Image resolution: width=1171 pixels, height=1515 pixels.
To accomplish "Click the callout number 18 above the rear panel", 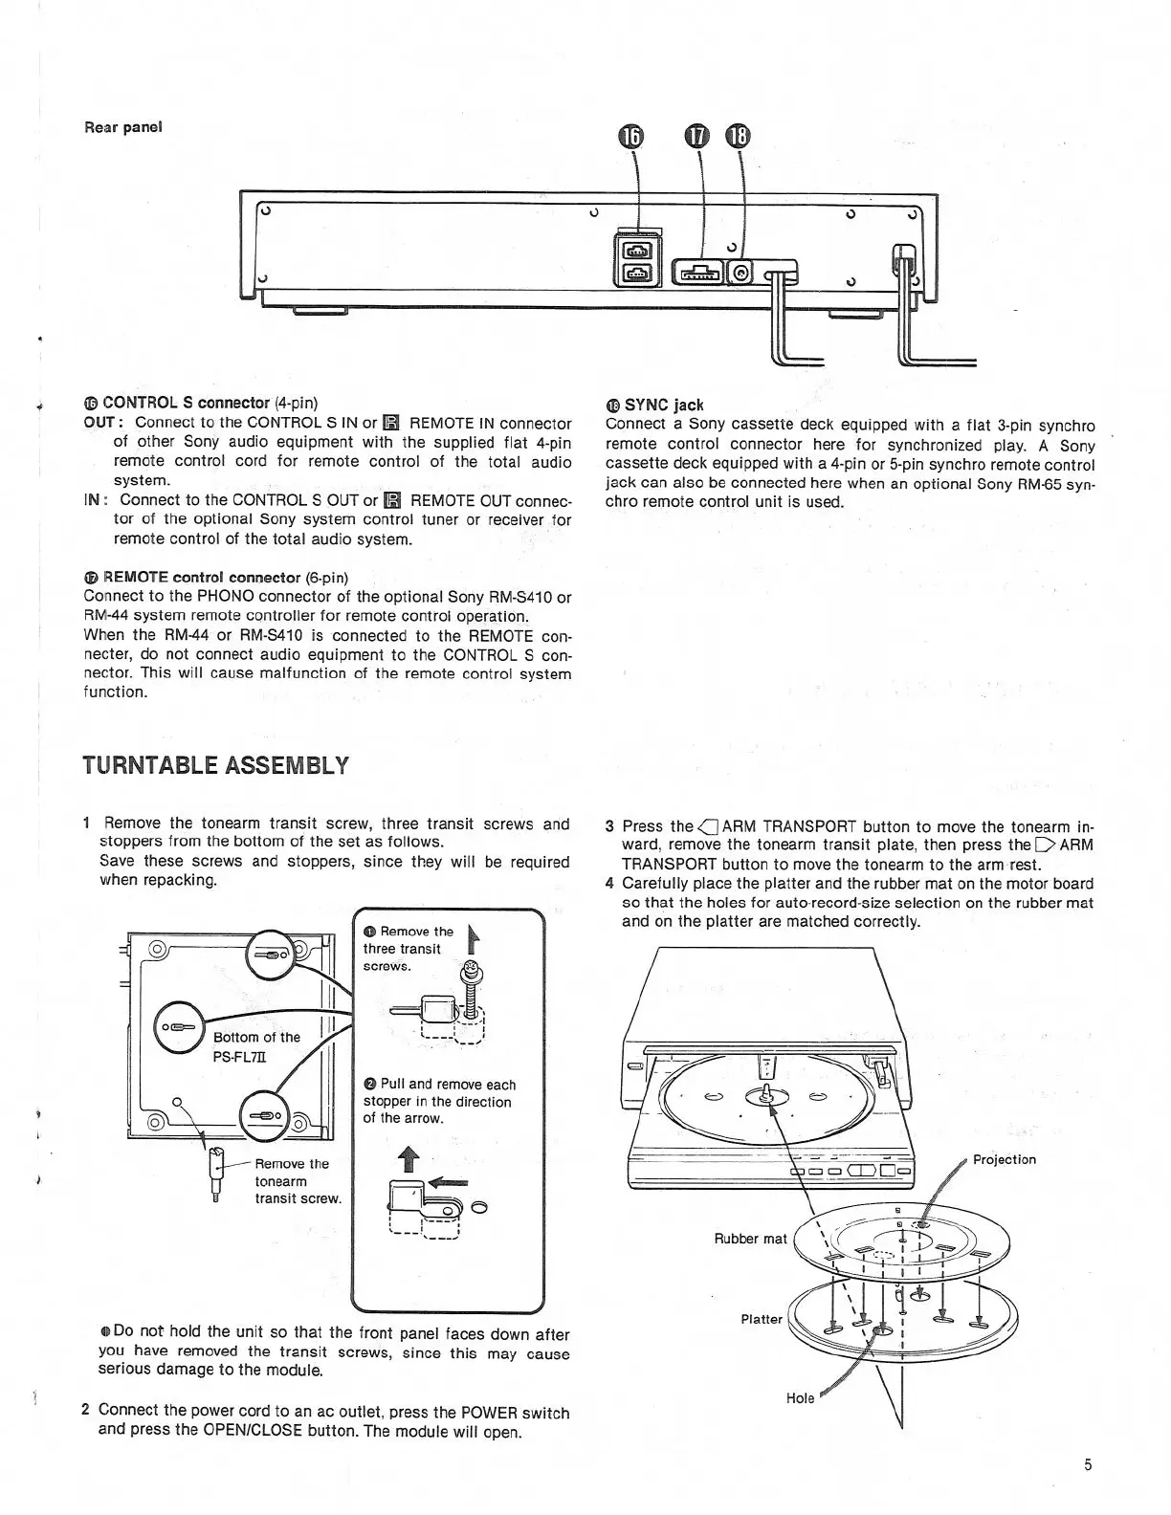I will pos(738,136).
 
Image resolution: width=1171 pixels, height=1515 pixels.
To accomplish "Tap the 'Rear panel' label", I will pos(123,126).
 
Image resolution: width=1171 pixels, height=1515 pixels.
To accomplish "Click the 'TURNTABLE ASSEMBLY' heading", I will pos(215,766).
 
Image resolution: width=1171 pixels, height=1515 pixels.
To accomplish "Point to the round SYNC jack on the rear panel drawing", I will pos(740,274).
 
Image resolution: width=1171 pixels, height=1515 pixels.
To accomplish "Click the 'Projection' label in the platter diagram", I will pos(1004,1159).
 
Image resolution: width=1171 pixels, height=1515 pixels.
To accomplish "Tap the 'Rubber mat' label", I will pos(750,1239).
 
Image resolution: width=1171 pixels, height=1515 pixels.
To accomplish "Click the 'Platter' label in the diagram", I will pos(762,1319).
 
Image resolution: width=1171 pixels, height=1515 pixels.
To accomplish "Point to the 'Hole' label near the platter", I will pos(800,1398).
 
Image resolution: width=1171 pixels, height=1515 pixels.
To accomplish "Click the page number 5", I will pos(1088,1464).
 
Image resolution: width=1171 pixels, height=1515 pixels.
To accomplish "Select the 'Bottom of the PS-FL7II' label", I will pos(255,1045).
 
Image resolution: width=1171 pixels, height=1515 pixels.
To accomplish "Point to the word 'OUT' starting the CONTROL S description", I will pos(99,422).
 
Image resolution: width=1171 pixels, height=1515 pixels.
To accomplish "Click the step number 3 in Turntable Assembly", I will pos(610,826).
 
